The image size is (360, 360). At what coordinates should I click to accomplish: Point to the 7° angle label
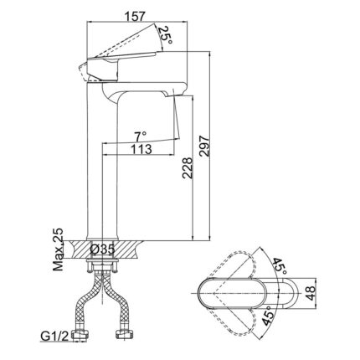tap(138, 136)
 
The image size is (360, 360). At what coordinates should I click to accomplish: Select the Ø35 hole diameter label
tap(102, 249)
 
